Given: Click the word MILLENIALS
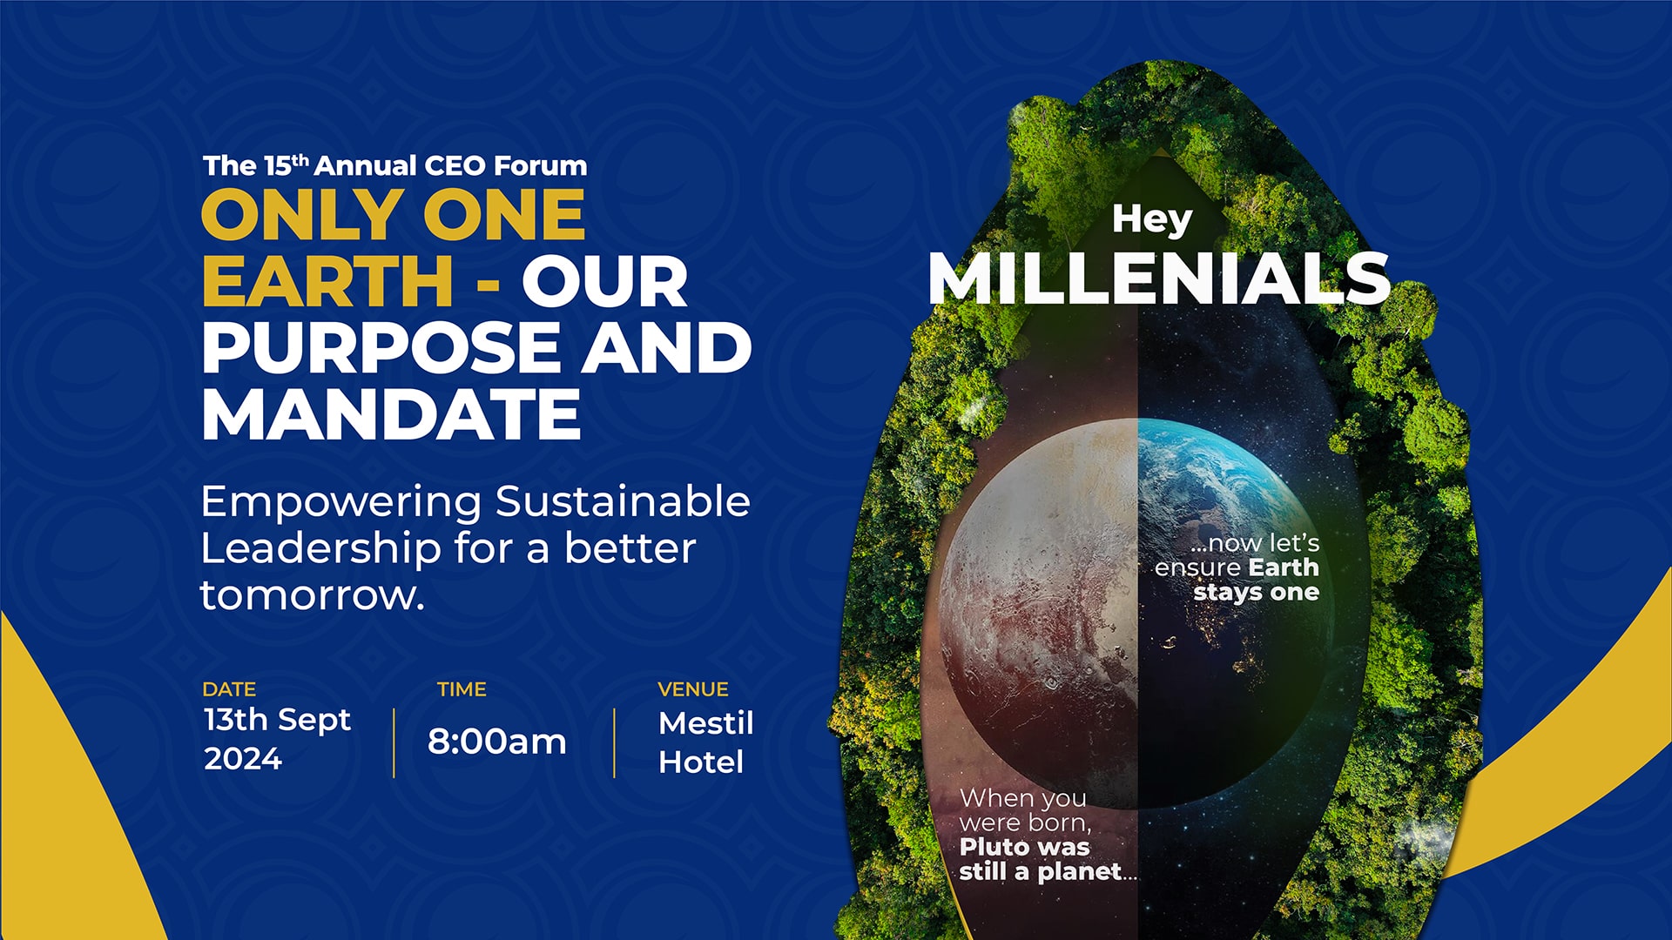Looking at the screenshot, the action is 1159,279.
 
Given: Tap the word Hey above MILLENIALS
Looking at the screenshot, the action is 1152,219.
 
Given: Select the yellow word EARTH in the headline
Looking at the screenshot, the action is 327,281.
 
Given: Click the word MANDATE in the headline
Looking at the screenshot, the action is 391,414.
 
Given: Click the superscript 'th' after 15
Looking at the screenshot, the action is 300,159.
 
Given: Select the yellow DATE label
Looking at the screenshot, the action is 229,689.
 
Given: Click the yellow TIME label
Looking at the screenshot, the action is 462,689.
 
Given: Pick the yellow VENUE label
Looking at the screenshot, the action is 693,689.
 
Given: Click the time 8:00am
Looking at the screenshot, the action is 497,742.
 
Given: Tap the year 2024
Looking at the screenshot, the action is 243,759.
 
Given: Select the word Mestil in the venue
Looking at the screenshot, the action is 706,723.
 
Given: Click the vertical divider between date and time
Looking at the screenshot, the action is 394,742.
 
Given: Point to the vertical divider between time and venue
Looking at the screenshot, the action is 614,742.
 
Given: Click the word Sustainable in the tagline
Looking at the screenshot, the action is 623,502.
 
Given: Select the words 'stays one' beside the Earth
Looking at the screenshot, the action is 1257,593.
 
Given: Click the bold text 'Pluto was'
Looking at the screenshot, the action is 1025,847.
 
